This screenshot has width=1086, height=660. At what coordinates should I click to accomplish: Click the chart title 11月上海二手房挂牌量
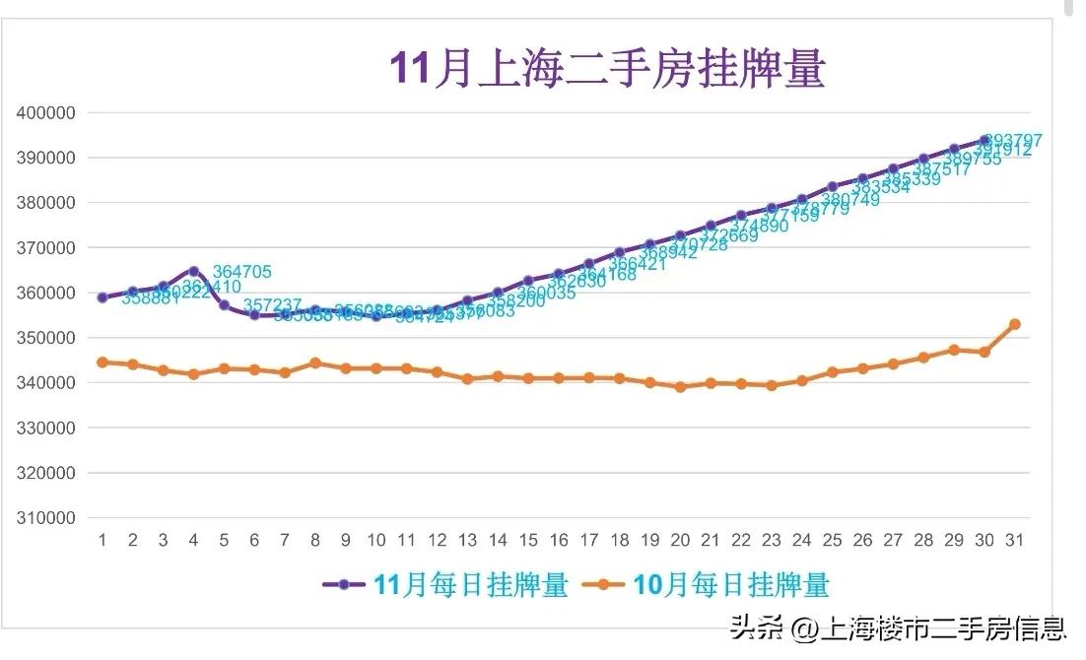click(x=607, y=70)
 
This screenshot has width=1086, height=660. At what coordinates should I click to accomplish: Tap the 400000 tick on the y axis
click(x=46, y=112)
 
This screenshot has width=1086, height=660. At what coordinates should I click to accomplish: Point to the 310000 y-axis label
click(x=46, y=518)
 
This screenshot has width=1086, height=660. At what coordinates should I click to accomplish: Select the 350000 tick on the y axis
click(x=46, y=338)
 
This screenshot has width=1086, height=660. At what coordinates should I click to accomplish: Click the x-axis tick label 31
click(x=1014, y=540)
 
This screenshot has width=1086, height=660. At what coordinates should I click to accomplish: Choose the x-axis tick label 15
click(x=528, y=540)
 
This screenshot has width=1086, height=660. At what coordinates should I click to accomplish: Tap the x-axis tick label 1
click(x=102, y=540)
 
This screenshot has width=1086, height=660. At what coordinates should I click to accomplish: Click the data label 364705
click(x=242, y=272)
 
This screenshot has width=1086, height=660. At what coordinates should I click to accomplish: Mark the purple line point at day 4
click(x=194, y=271)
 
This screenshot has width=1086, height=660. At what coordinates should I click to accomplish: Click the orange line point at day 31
click(x=1014, y=324)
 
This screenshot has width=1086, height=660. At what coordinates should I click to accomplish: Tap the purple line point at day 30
click(x=984, y=141)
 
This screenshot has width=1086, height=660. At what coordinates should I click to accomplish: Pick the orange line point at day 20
click(x=680, y=387)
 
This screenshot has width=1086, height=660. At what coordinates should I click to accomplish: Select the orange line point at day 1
click(x=102, y=363)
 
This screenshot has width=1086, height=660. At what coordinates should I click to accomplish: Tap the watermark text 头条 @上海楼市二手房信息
click(x=897, y=627)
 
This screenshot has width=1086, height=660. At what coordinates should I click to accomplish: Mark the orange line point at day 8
click(x=315, y=363)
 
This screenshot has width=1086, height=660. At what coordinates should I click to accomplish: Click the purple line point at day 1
click(x=102, y=297)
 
